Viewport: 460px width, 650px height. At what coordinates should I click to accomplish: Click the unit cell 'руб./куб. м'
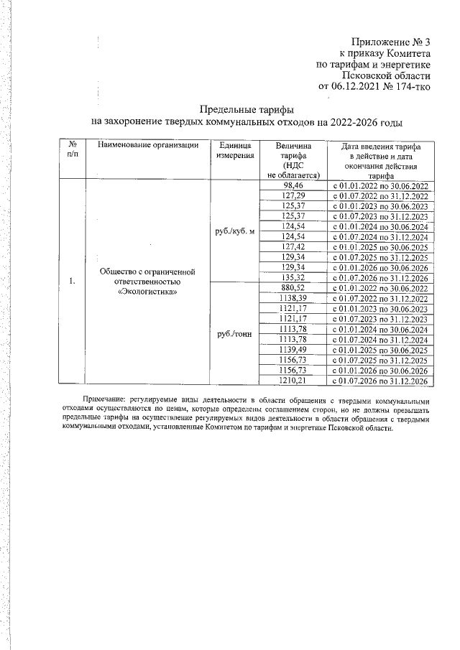tap(232, 231)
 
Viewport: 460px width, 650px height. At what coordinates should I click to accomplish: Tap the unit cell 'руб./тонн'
tap(232, 333)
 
